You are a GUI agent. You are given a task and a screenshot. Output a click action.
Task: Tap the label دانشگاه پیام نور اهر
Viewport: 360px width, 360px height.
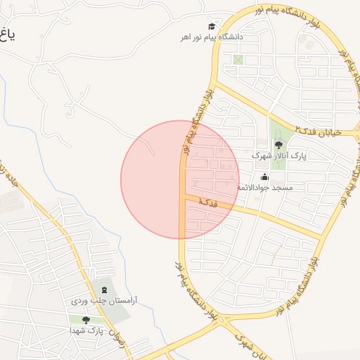211,37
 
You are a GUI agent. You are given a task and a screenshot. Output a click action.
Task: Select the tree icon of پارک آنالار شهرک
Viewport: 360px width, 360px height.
278,144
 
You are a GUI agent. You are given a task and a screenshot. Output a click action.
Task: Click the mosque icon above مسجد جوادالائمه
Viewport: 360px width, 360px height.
264,177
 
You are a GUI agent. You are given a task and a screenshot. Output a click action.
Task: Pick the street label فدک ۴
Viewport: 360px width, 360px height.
208,202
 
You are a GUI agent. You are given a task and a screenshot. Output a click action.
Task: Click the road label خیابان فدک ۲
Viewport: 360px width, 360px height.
318,131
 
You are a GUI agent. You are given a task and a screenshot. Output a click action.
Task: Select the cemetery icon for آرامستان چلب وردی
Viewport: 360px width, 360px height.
105,290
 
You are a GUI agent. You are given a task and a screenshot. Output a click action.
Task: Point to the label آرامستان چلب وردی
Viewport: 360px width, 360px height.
105,301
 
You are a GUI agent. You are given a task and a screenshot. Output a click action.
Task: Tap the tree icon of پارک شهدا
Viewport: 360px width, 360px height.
86,320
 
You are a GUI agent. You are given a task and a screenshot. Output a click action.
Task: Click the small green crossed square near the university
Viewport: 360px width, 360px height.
238,60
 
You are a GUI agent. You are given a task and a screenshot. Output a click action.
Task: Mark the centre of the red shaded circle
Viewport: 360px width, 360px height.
180,179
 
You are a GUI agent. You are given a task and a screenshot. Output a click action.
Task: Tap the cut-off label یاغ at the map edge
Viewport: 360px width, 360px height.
6,33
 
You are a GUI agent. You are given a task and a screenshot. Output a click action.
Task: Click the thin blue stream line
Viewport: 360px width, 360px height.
105,232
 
